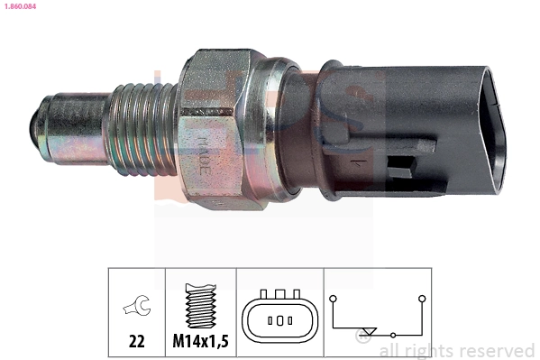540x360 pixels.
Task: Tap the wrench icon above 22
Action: coord(136,306)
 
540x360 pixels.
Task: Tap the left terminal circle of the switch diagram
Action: coord(333,295)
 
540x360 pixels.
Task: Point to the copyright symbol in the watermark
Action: coord(364,338)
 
